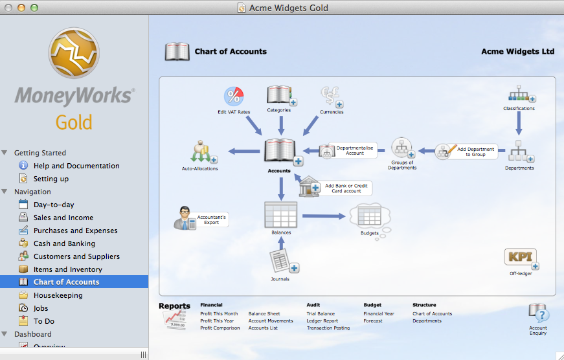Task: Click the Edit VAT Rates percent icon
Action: tap(234, 96)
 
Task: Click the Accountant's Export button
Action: tap(201, 219)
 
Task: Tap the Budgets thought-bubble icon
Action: tap(370, 218)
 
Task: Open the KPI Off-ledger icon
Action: tap(521, 258)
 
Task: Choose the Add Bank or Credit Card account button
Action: tap(336, 187)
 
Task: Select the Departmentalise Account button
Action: tap(348, 150)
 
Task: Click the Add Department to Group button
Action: tap(466, 152)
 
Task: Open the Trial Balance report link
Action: tap(321, 313)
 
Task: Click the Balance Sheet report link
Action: tap(264, 313)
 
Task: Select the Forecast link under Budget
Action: tap(372, 321)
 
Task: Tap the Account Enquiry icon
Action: tap(539, 312)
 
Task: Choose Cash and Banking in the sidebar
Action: tap(64, 243)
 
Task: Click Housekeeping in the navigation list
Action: tap(58, 295)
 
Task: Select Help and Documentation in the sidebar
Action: tap(76, 166)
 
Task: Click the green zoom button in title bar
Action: tap(34, 8)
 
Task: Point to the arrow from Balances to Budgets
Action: tap(324, 216)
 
